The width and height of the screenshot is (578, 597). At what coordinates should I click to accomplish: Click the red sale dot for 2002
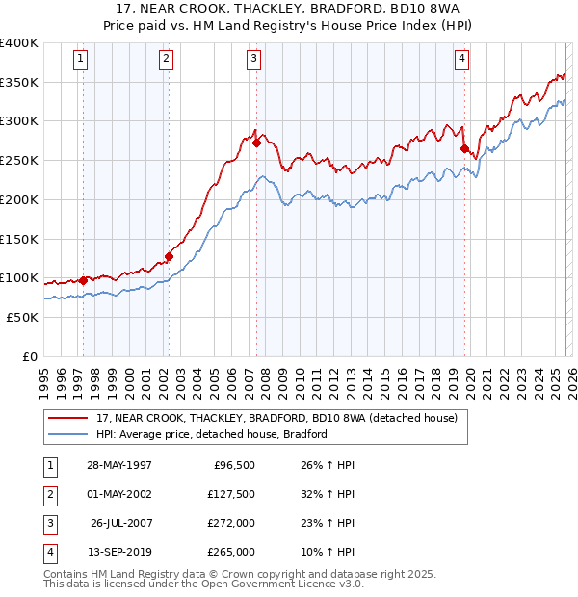169,256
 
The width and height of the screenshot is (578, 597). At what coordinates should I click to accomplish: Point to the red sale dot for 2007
257,143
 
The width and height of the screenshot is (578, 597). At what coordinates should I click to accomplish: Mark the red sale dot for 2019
464,149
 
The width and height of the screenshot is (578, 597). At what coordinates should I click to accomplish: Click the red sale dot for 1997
84,280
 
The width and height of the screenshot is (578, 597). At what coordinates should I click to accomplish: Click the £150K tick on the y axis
19,238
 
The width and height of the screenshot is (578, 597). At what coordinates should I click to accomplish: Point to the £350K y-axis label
19,82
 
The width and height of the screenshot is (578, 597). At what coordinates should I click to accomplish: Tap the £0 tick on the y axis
29,356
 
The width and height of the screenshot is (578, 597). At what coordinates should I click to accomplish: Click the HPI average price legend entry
212,434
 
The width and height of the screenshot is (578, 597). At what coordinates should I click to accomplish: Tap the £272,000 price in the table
232,523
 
